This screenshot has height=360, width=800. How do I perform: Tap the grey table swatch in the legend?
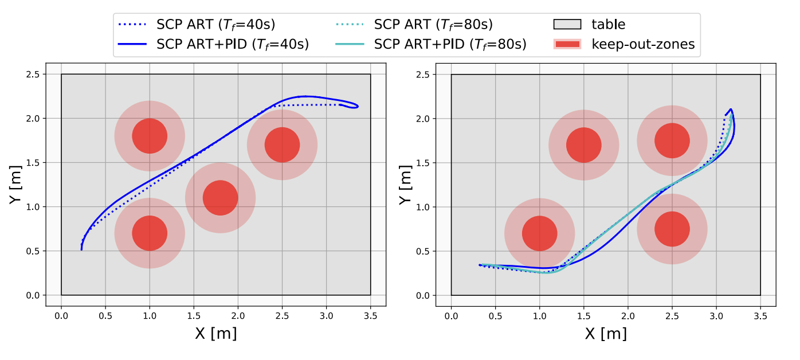(567, 25)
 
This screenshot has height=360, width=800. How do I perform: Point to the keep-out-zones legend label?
(643, 44)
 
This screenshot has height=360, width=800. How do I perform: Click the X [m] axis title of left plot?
(215, 333)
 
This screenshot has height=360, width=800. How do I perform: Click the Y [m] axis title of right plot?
(406, 185)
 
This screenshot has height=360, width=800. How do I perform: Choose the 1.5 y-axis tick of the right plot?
(424, 163)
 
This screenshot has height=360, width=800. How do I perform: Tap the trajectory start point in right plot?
(480, 265)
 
